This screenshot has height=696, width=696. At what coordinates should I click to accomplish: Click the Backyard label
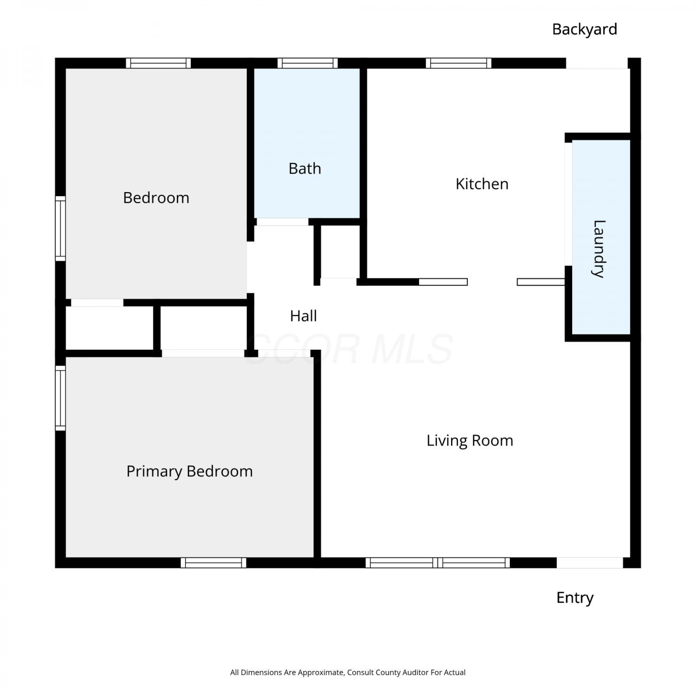(x=585, y=30)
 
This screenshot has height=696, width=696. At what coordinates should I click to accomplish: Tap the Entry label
(x=575, y=598)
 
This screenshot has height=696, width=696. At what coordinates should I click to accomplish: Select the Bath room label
(x=305, y=168)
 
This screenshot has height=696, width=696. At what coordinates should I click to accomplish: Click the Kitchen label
(x=482, y=184)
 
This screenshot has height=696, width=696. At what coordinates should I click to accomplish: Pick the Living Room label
(x=470, y=440)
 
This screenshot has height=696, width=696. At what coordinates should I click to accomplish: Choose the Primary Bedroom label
(x=190, y=471)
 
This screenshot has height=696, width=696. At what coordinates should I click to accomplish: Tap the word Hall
(x=303, y=316)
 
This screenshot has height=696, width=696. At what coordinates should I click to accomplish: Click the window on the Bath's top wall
(x=308, y=63)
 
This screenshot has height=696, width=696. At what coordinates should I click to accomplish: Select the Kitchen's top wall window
(x=458, y=63)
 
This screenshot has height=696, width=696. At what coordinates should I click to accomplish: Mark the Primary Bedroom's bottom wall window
(x=213, y=563)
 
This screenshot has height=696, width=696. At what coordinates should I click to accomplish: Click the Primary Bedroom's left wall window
(x=60, y=398)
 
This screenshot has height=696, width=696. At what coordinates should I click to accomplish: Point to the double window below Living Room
(x=438, y=563)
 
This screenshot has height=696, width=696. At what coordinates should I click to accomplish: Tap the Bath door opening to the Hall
(x=283, y=222)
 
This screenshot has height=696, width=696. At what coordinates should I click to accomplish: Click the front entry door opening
(x=590, y=563)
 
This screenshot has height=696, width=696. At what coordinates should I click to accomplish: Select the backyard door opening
(x=597, y=63)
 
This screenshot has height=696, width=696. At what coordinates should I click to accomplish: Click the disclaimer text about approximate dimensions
(x=348, y=672)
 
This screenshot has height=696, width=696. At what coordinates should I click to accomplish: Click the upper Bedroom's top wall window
(x=158, y=63)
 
